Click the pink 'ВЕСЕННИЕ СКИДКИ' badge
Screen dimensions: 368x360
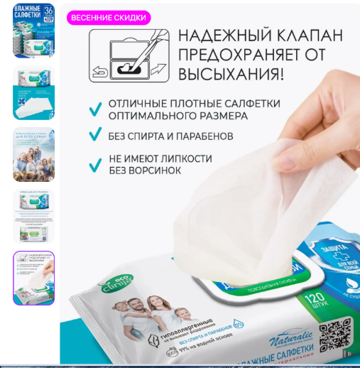pos(109,17)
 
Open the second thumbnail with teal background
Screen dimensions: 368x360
pos(33,93)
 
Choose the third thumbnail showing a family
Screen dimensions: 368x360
pos(33,154)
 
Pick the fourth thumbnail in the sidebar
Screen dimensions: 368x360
pos(33,216)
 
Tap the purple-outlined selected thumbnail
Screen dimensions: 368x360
pos(33,278)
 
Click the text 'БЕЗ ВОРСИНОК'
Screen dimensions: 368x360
pos(144,171)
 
